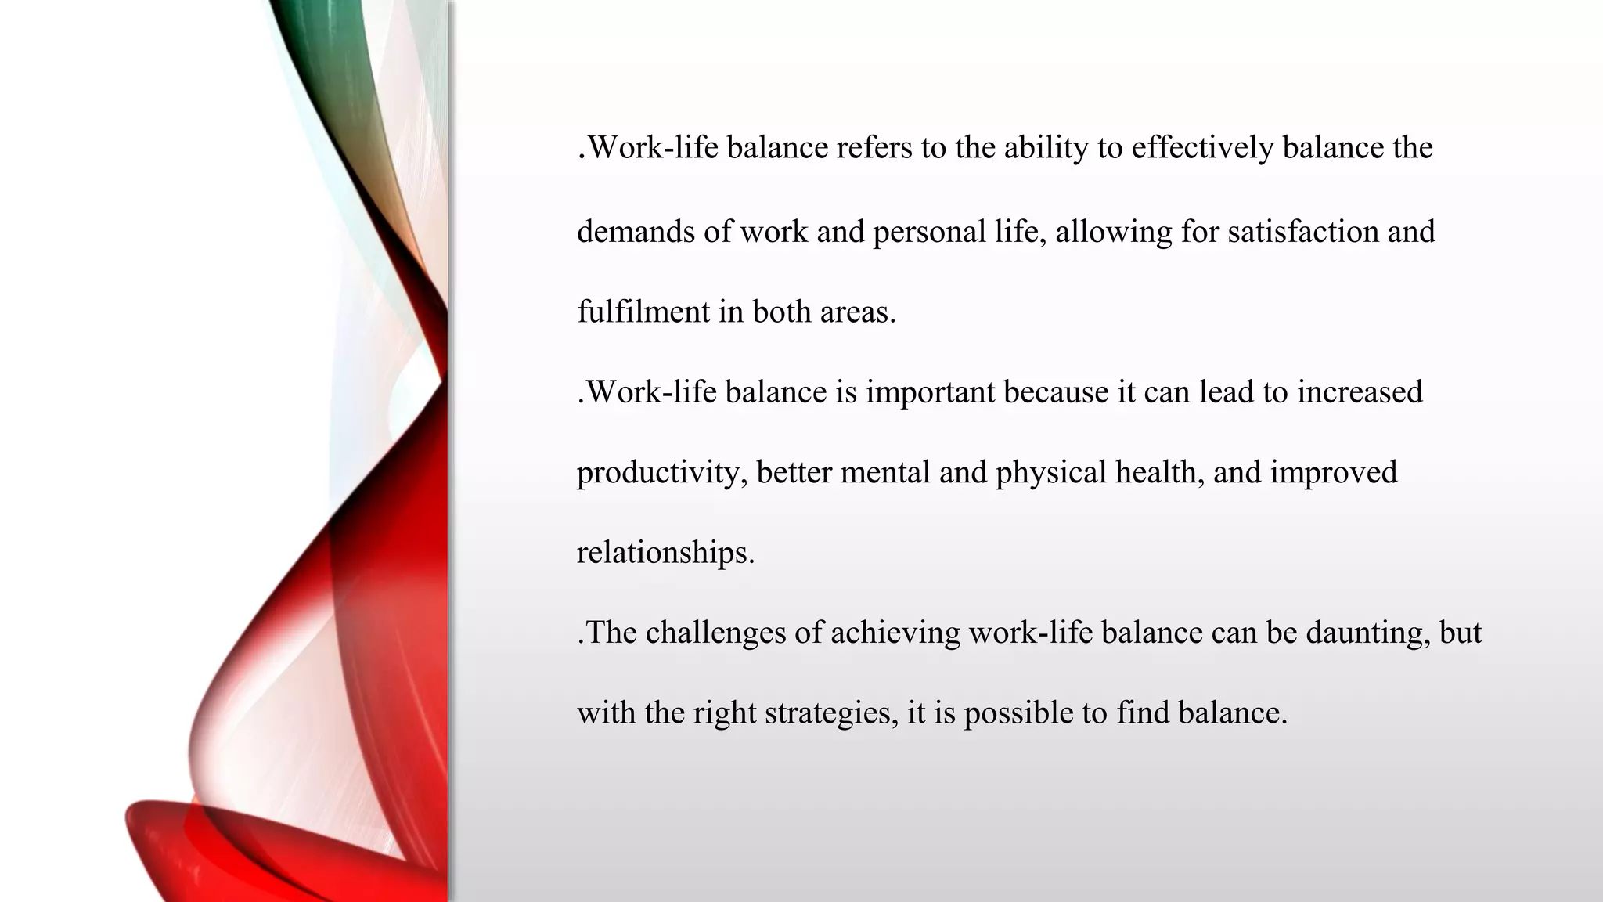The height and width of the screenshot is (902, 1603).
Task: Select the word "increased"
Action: [1360, 392]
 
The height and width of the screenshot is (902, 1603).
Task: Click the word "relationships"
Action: [665, 553]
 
